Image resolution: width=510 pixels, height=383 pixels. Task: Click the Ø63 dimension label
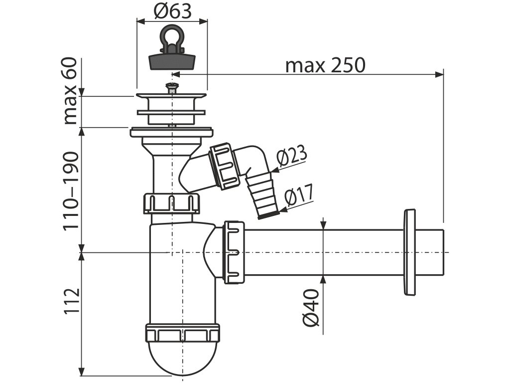(172, 10)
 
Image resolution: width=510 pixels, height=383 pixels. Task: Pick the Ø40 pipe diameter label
(310, 307)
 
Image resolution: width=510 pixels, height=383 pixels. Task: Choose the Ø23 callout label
(293, 158)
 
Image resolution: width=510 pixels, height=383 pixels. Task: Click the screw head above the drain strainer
(172, 89)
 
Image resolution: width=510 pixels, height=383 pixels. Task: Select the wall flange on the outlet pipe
(410, 252)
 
